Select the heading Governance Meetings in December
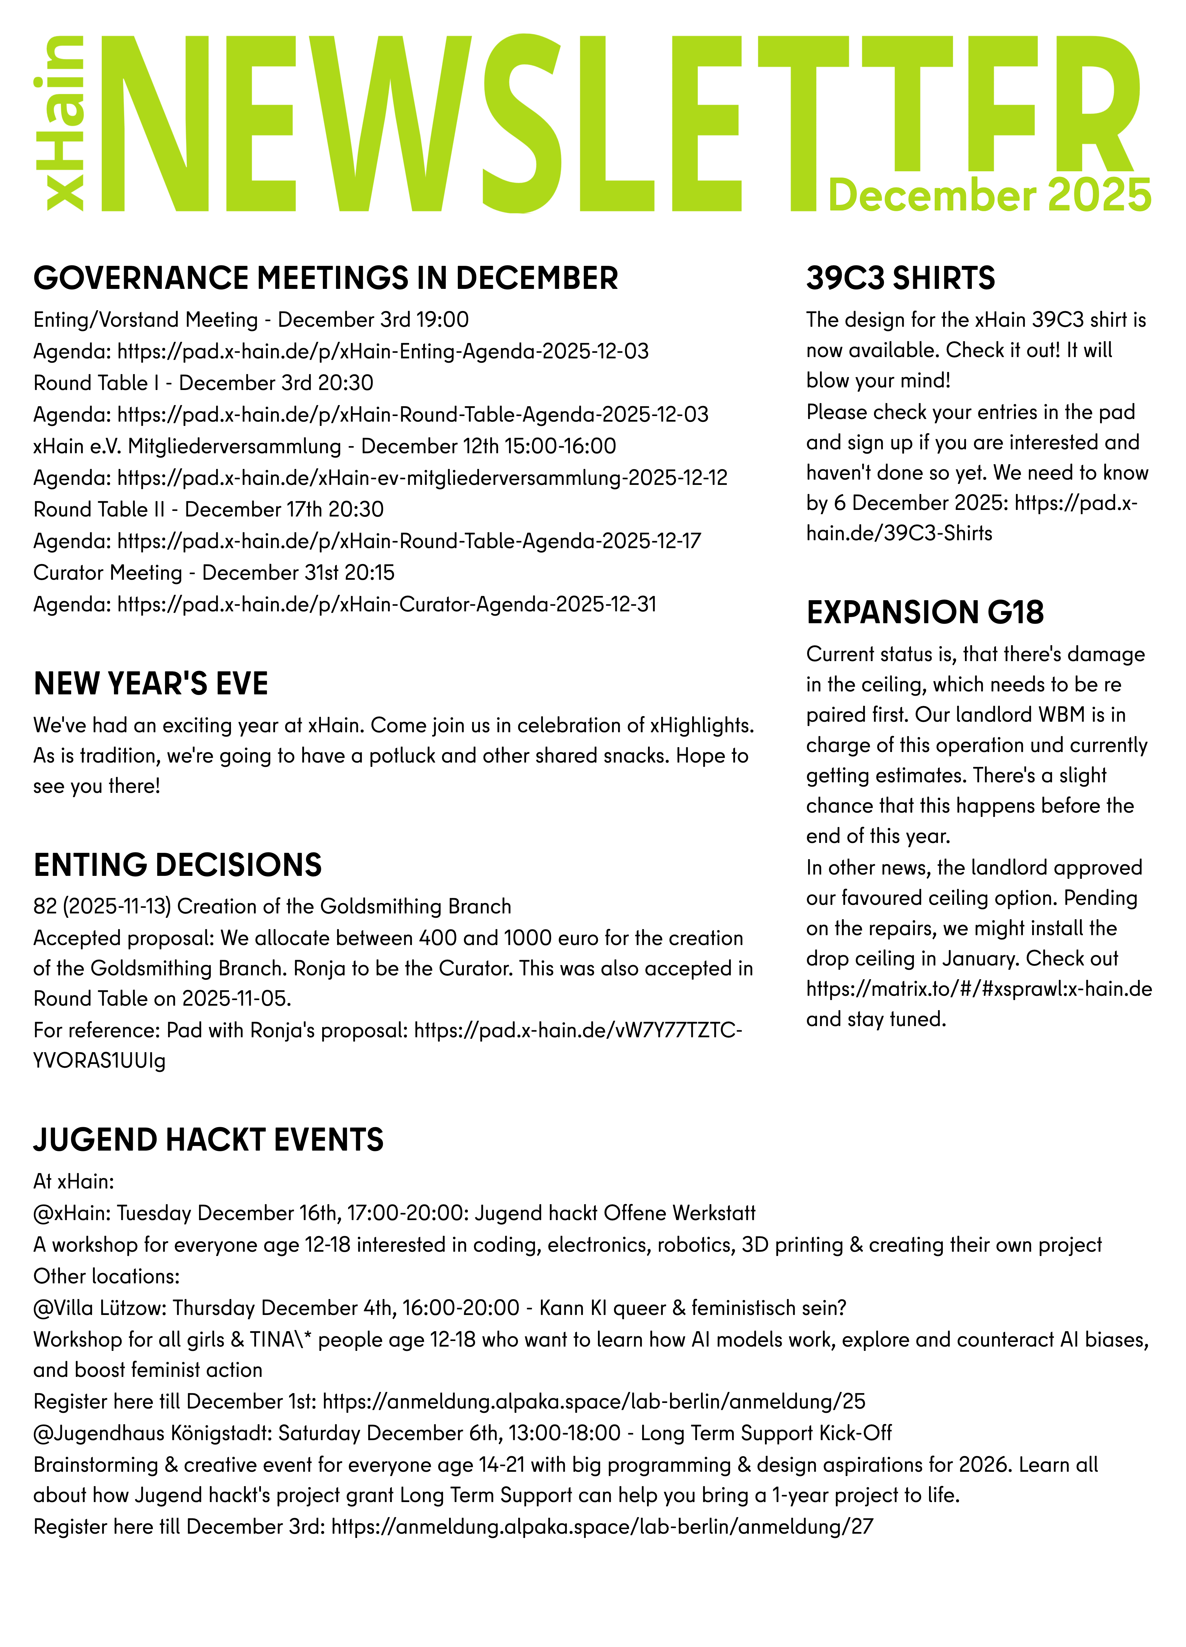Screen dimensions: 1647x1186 (325, 278)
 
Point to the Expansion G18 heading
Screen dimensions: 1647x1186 (924, 612)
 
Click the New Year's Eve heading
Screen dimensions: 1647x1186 (150, 684)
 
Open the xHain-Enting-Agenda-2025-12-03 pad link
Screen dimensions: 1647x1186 (383, 351)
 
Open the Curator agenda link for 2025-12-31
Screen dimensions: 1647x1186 (386, 604)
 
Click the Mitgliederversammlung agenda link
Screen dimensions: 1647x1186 (422, 478)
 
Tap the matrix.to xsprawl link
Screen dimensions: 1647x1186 (978, 989)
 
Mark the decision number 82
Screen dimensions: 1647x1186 (45, 906)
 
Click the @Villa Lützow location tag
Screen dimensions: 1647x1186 (100, 1308)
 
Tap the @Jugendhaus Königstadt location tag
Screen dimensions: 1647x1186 (153, 1433)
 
